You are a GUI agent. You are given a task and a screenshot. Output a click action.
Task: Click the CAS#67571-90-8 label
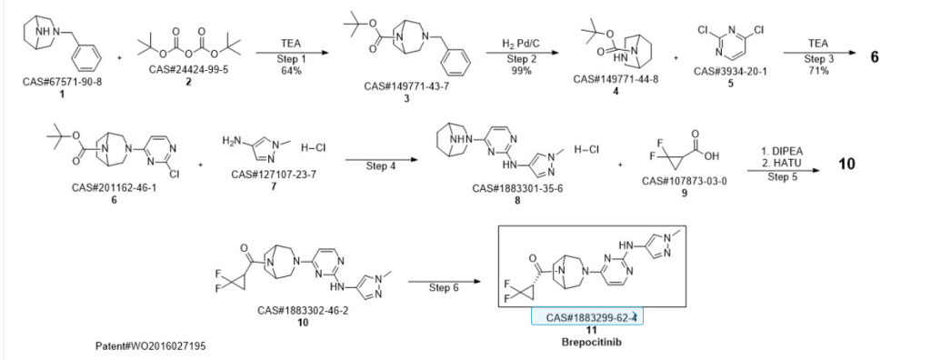click(x=63, y=82)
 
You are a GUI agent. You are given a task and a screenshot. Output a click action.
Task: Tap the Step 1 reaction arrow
click(x=292, y=53)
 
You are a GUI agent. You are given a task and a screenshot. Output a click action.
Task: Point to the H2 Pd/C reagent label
click(x=521, y=43)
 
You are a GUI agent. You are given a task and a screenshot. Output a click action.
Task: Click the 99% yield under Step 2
click(x=521, y=70)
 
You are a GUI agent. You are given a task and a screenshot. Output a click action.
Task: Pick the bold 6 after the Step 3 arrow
click(x=875, y=57)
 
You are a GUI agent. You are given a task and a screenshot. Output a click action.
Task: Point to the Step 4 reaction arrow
click(x=379, y=160)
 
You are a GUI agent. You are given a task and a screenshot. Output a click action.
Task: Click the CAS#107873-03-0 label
click(x=685, y=181)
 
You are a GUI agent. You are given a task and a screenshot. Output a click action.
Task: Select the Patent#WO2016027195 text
click(x=152, y=345)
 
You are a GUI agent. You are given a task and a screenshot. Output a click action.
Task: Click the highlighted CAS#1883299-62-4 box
click(x=586, y=317)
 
